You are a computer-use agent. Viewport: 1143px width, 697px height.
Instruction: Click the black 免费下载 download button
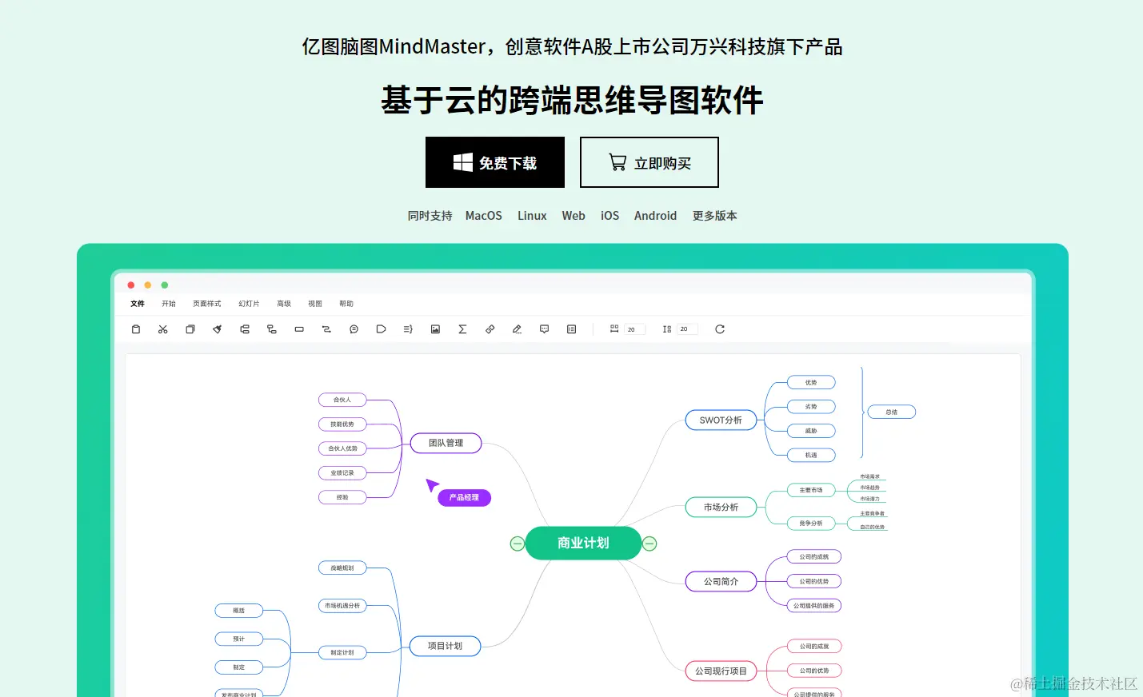tap(494, 162)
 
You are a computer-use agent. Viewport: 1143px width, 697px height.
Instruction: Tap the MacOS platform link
tap(483, 216)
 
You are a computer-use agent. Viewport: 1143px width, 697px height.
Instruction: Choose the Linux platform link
tap(532, 216)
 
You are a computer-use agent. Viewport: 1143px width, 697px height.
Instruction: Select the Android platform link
tap(655, 216)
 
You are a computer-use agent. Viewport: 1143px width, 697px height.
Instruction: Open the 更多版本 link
tap(714, 216)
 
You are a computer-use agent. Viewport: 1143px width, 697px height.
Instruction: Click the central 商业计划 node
tap(583, 543)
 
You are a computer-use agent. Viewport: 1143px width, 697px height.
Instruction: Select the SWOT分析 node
tap(721, 420)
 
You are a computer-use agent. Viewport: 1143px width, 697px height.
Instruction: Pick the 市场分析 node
tap(721, 507)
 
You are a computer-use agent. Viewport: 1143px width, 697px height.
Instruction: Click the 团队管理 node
tap(446, 443)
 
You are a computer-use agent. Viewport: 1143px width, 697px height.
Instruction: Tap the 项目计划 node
tap(445, 646)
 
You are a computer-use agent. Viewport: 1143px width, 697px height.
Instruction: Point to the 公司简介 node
tap(721, 581)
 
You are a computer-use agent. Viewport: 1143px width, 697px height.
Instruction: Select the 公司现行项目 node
tap(721, 671)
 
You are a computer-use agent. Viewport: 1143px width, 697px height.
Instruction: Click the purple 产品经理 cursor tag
tap(464, 497)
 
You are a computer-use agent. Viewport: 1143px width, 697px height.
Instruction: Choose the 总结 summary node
tap(891, 412)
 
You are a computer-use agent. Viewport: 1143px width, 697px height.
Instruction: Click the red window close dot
tap(131, 285)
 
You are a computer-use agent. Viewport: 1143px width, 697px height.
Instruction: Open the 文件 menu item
tap(138, 304)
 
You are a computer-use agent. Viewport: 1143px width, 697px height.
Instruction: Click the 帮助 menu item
tap(346, 304)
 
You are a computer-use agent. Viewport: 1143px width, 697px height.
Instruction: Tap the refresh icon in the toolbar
tap(720, 329)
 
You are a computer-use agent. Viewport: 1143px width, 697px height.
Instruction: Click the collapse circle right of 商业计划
tap(649, 544)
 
